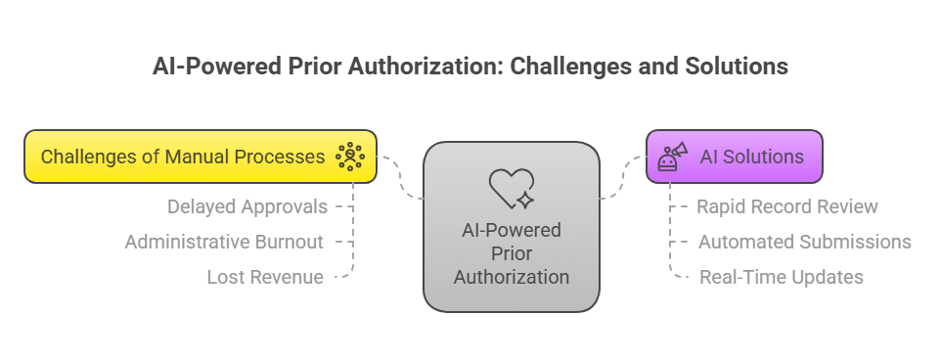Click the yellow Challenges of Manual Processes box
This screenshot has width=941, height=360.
point(200,157)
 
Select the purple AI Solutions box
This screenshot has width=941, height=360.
point(734,157)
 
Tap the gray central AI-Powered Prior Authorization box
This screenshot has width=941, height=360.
point(511,227)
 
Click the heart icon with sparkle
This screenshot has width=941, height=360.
point(512,188)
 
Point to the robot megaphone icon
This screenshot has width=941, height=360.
point(673,157)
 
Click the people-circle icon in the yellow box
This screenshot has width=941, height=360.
point(349,157)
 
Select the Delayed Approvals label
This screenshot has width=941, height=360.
point(247,206)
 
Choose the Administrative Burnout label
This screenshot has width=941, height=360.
point(223,242)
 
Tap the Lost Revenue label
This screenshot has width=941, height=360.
point(264,277)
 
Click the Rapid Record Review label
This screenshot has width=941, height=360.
point(786,206)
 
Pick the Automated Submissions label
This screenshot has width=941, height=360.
point(804,242)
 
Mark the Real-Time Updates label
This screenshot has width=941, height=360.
point(781,277)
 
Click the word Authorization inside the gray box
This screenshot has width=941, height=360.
point(511,277)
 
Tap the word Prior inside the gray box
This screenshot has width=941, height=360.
point(511,253)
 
